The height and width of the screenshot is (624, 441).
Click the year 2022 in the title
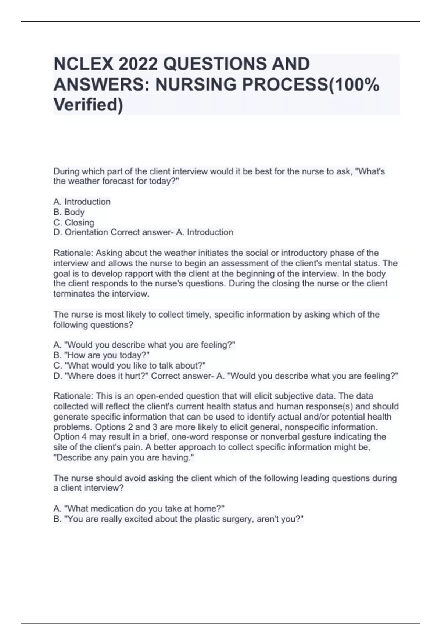[x=139, y=64]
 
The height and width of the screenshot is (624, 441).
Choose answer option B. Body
[x=69, y=212]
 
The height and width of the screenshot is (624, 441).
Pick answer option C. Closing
[x=74, y=222]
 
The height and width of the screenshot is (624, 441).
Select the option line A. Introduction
[x=82, y=202]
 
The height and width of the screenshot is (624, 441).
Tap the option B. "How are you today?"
[x=101, y=355]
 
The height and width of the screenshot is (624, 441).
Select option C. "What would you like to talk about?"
[x=129, y=366]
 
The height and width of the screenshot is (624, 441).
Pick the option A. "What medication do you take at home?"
[x=139, y=508]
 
